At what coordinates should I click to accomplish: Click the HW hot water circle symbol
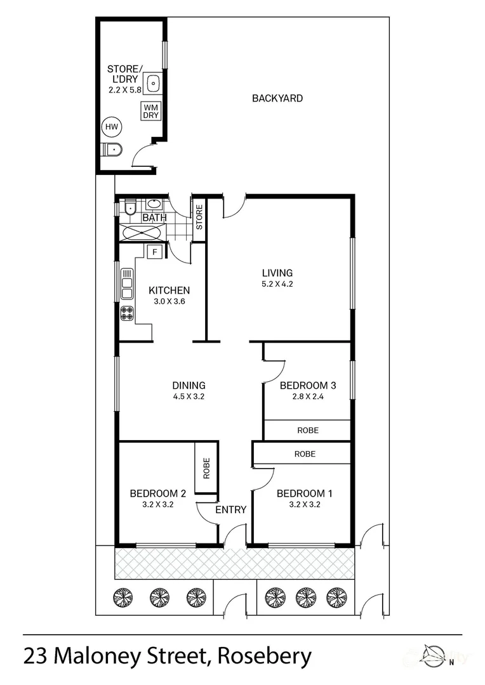(x=112, y=127)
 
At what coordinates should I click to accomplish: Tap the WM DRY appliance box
(x=151, y=112)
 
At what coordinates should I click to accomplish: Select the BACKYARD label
(x=277, y=98)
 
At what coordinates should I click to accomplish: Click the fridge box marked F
(x=154, y=252)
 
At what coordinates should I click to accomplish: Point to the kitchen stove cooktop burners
(x=127, y=314)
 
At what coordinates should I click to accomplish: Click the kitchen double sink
(x=127, y=284)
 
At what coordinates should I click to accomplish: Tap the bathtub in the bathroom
(x=143, y=232)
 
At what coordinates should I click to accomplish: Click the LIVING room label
(x=277, y=273)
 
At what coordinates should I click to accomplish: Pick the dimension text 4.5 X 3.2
(x=189, y=396)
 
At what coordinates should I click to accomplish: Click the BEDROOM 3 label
(x=308, y=386)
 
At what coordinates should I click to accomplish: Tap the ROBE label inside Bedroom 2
(x=206, y=468)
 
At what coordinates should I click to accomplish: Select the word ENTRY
(x=231, y=510)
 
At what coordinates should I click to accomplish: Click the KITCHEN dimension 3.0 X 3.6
(x=169, y=301)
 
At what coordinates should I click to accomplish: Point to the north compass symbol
(x=433, y=654)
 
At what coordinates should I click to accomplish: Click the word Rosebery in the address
(x=265, y=656)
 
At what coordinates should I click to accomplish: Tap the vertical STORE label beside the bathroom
(x=199, y=217)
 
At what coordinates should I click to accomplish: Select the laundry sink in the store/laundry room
(x=152, y=83)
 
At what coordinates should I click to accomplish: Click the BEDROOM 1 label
(x=305, y=493)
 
